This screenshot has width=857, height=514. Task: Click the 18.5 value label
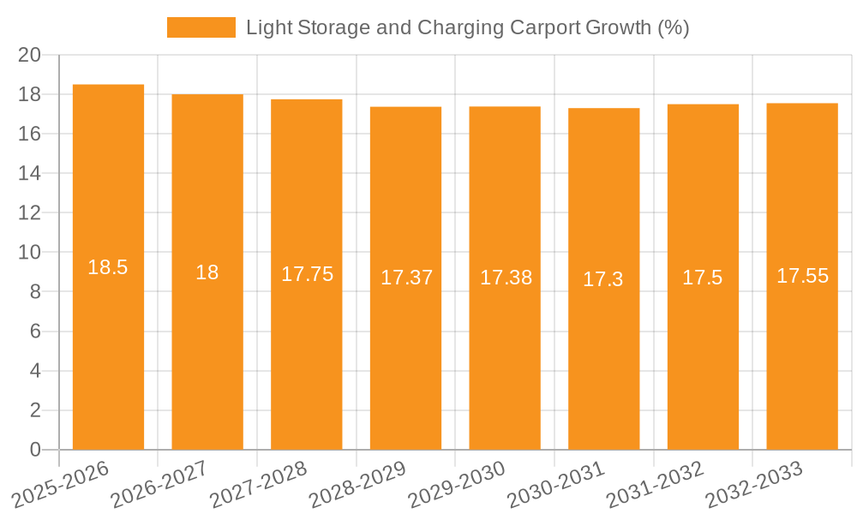tap(108, 267)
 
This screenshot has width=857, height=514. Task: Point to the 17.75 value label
tap(307, 274)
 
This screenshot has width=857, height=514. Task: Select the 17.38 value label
tap(506, 278)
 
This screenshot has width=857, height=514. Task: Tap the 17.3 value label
tap(603, 279)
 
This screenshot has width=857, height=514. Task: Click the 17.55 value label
tap(802, 276)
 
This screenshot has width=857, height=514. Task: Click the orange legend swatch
tap(201, 27)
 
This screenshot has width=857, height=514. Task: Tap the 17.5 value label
tap(703, 278)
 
